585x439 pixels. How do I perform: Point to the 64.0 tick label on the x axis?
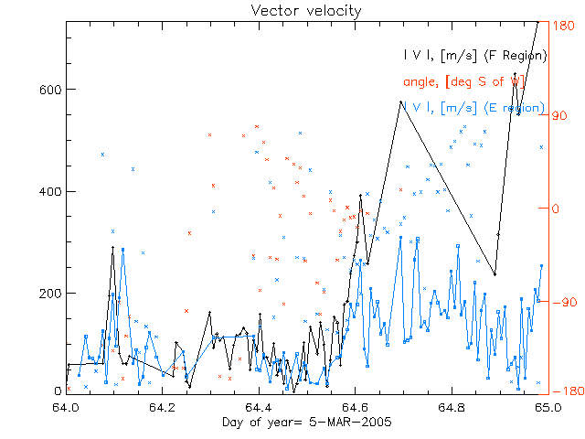67,407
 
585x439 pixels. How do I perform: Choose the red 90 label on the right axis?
558,116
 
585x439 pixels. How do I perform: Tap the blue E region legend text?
474,108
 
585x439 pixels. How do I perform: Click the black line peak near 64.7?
401,102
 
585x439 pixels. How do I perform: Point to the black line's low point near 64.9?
495,274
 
